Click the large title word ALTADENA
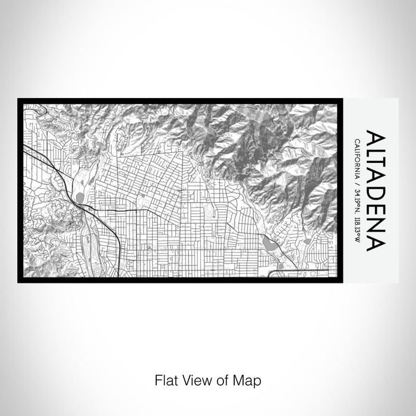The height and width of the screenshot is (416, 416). pos(376,190)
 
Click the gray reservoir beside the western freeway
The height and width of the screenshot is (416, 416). pos(80,196)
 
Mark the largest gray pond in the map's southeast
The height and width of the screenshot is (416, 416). pos(269,244)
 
